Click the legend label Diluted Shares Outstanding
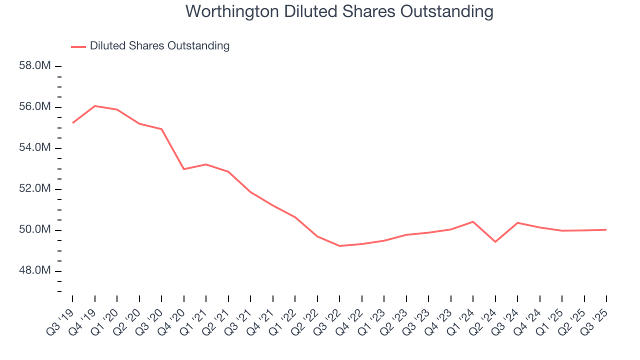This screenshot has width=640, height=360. [159, 46]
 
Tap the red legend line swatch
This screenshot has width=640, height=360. [78, 46]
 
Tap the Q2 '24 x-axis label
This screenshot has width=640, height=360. [484, 317]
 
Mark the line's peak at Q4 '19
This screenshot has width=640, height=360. [94, 106]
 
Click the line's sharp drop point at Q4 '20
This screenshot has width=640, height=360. [183, 169]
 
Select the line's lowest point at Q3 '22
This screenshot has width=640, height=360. [339, 246]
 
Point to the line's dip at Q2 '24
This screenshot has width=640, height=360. [495, 242]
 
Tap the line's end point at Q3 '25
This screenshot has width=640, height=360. [606, 230]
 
